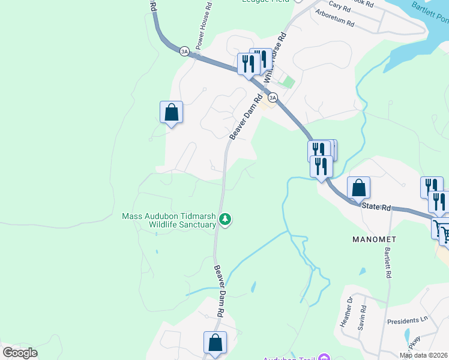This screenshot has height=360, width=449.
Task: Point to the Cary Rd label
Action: coord(339,7)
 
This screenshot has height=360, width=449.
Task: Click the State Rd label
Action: coord(377,207)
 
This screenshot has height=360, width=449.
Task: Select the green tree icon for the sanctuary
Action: coord(225,220)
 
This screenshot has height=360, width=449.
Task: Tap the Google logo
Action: coord(20,353)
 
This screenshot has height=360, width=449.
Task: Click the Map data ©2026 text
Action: coord(424,355)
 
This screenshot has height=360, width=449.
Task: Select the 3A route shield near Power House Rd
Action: coord(184,52)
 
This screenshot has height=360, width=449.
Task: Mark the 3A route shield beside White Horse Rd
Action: coord(273,97)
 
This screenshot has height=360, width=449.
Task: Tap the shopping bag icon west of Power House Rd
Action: coord(171,112)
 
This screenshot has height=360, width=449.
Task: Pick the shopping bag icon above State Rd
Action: coord(358,187)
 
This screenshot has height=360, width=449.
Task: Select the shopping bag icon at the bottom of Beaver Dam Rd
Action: coord(215,343)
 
